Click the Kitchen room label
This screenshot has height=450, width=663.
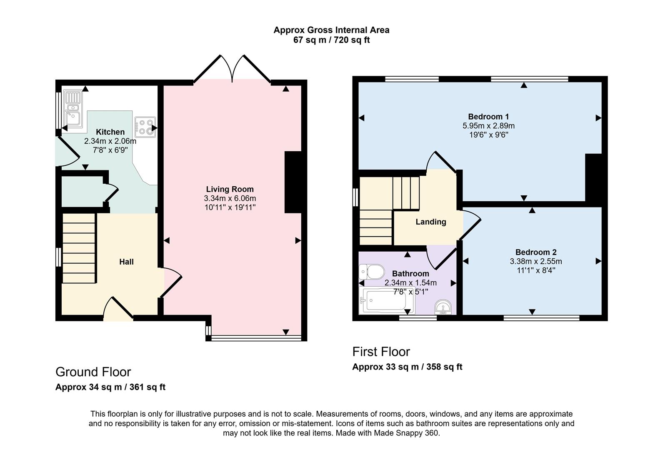coord(110,132)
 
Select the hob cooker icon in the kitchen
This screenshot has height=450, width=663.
coord(145,127)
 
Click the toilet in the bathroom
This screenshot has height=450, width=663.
coord(372,272)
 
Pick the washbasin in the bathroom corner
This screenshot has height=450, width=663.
coord(443,307)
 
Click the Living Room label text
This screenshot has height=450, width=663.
coord(230,189)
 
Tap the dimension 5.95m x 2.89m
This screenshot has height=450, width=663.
coord(488,126)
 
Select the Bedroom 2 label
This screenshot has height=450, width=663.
coord(536,252)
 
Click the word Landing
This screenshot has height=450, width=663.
coord(431,222)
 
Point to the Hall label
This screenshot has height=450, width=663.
coord(126,262)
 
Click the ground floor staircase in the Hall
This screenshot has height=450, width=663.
coord(79,248)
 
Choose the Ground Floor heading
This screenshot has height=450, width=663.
coord(93,372)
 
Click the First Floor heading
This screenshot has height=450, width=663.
coord(381,352)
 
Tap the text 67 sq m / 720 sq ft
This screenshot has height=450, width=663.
coord(332,40)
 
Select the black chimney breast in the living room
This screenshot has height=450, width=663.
coord(293,182)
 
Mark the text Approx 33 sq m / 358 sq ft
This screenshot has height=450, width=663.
coord(407,367)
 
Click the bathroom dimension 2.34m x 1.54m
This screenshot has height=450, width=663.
coord(410,283)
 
